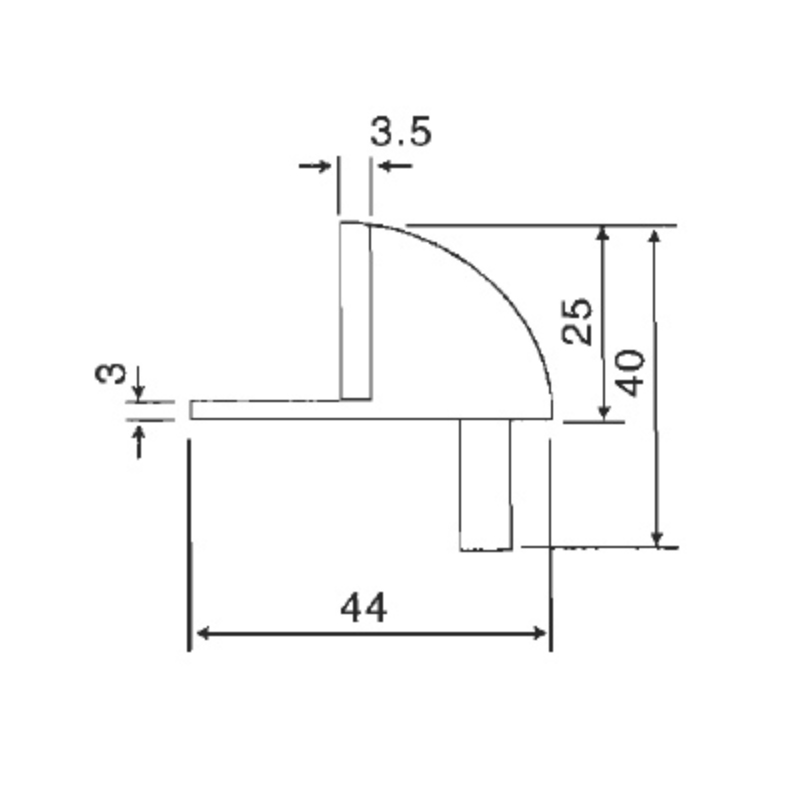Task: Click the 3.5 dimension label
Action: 401,132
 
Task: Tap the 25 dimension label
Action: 577,321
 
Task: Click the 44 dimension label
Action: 363,607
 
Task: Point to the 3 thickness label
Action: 112,375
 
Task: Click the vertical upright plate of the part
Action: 356,310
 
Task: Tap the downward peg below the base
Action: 486,482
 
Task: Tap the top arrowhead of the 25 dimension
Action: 602,234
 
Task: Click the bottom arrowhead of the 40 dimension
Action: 656,540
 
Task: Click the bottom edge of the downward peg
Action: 486,549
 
